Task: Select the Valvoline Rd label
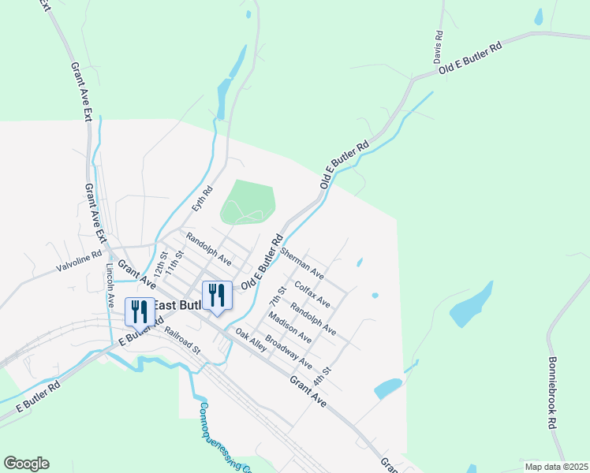[80, 261]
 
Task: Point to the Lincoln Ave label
[111, 280]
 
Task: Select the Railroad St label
[183, 338]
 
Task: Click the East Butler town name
[177, 306]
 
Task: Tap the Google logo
[26, 464]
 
